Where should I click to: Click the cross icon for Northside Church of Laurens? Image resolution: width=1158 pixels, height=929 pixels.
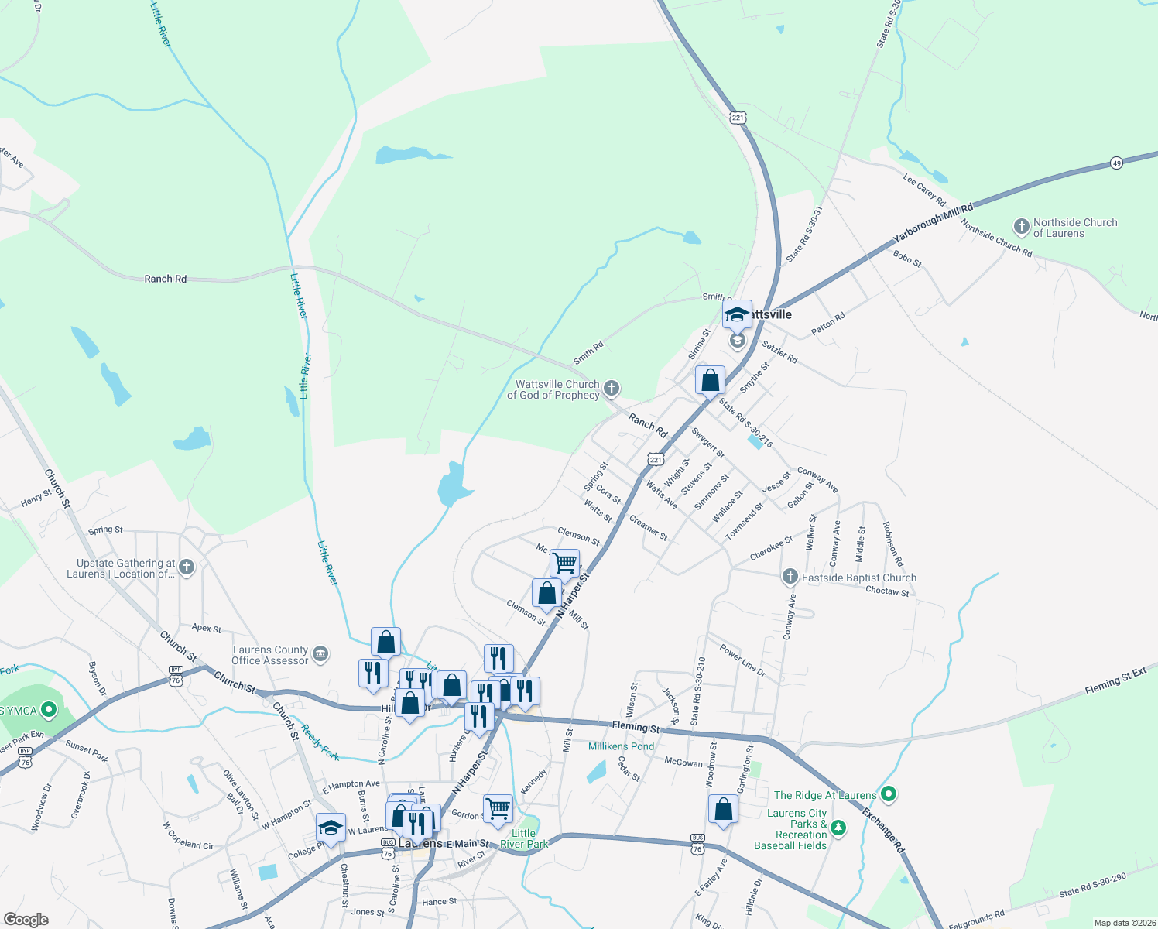[1022, 227]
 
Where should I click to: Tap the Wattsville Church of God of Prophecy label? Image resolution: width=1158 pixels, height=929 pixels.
[553, 389]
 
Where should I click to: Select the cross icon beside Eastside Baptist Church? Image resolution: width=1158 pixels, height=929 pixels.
[790, 577]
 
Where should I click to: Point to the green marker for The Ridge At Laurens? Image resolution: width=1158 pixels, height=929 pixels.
[889, 794]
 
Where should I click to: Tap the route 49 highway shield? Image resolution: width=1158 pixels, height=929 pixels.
[1116, 163]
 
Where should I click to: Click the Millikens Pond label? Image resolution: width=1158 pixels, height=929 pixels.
[621, 746]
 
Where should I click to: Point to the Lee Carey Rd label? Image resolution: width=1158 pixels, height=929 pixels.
[924, 189]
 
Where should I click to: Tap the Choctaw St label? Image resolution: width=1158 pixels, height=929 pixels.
[887, 591]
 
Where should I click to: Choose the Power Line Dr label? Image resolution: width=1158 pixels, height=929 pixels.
[742, 660]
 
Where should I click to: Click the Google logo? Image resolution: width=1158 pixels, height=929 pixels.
[26, 920]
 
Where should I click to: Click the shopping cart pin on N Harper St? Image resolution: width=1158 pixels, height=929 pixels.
[565, 563]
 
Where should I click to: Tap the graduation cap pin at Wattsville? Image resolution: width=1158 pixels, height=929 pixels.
[737, 314]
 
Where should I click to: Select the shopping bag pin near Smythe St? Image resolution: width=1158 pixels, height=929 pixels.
[710, 381]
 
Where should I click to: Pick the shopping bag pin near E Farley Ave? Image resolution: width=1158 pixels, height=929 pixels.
[723, 810]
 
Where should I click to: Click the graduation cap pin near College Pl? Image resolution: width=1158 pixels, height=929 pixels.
[331, 828]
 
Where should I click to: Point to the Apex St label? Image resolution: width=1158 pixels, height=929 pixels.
[207, 629]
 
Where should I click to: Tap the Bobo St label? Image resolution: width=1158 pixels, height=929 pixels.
[907, 259]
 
